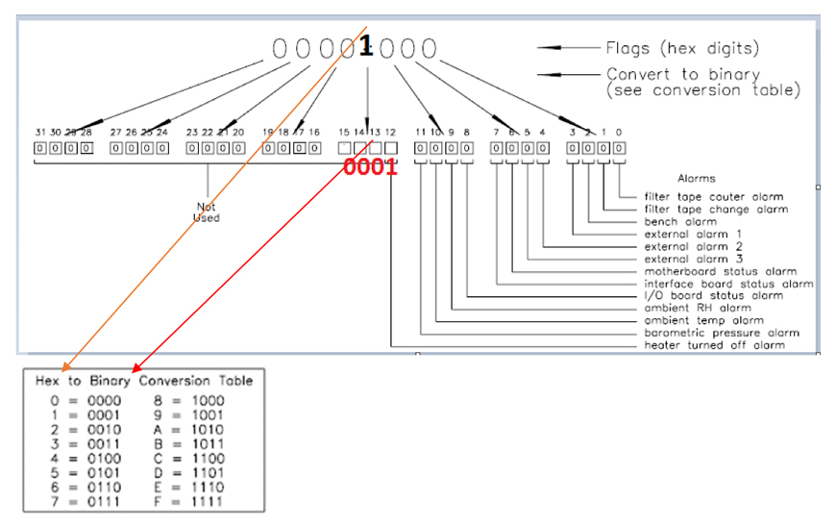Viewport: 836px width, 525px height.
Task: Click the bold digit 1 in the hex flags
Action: (366, 46)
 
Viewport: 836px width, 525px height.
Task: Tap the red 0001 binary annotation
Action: (370, 166)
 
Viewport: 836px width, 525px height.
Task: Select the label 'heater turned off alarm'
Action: (714, 345)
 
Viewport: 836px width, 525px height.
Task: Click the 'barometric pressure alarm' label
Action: (722, 333)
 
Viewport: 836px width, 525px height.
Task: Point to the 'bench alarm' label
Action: (680, 221)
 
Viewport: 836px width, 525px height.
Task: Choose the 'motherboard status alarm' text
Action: (721, 271)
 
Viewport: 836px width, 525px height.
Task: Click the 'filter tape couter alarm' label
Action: (714, 197)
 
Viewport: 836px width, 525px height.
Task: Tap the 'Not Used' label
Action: (207, 212)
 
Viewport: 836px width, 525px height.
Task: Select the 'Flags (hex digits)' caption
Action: (682, 48)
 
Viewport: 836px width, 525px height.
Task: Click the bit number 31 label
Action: (40, 132)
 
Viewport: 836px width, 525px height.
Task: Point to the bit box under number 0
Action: (619, 148)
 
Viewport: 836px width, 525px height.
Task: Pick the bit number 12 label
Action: (390, 132)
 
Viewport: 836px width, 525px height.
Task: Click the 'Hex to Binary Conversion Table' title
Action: (144, 381)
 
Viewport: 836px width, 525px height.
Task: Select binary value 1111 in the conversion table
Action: (208, 502)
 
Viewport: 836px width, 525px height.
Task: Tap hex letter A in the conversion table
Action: (158, 430)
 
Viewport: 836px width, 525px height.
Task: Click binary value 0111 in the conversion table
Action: (104, 502)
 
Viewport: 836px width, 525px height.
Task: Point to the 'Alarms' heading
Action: (697, 178)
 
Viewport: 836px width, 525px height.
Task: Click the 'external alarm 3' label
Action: (693, 260)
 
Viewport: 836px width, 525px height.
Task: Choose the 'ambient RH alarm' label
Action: (698, 308)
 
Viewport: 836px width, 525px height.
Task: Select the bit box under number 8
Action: (466, 148)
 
